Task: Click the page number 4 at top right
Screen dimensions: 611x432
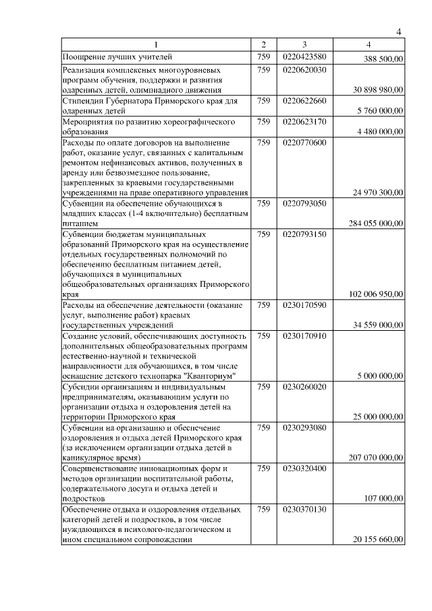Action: click(x=399, y=32)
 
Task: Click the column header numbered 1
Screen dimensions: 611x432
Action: click(x=156, y=45)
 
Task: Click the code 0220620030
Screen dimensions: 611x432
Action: click(x=305, y=70)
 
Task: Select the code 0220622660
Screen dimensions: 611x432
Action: click(x=305, y=101)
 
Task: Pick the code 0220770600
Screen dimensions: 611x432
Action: click(x=305, y=142)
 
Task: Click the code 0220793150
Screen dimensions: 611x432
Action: click(x=305, y=234)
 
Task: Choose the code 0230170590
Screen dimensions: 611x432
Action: click(x=305, y=305)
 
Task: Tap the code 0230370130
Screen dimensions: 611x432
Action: click(x=305, y=509)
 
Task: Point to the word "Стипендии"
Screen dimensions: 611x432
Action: click(x=83, y=101)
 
